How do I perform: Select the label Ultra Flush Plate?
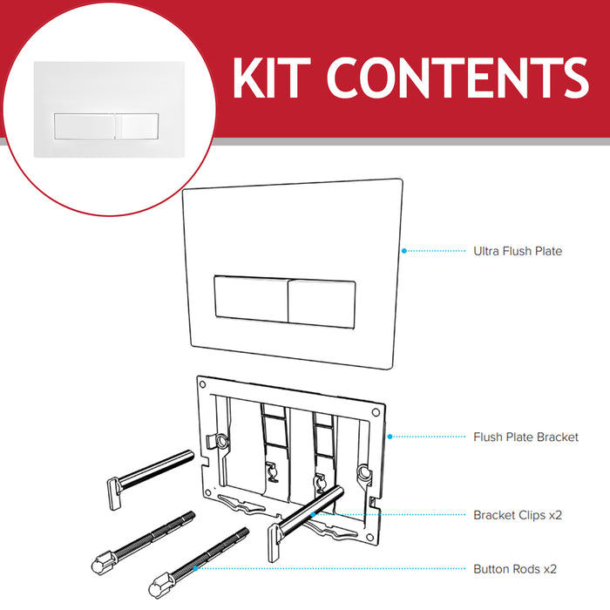518,251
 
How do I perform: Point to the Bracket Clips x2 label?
518,515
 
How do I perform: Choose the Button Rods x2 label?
514,569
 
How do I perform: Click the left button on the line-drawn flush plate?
249,303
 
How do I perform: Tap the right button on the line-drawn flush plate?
321,303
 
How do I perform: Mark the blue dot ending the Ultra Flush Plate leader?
404,251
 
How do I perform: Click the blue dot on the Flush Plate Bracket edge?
389,437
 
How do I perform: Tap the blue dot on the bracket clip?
313,515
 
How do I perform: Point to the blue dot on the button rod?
195,569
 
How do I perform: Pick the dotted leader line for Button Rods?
331,569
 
